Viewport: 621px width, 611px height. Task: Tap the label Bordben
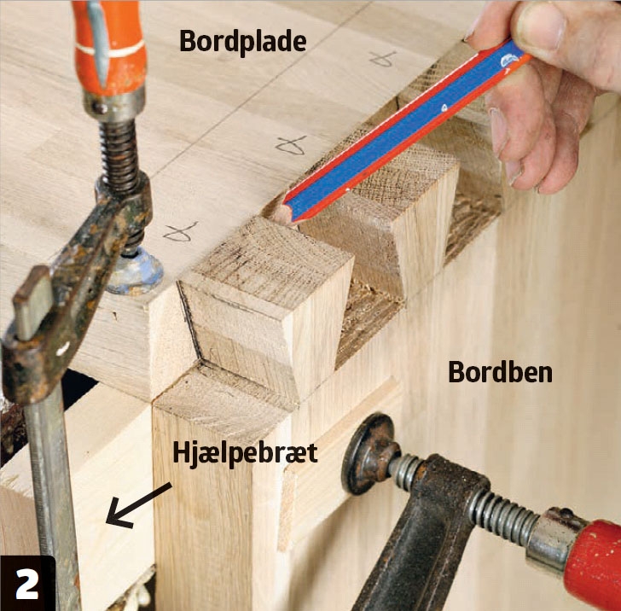[x=500, y=372]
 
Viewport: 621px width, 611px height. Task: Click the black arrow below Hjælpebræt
[x=138, y=505]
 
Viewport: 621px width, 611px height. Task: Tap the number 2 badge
[x=27, y=584]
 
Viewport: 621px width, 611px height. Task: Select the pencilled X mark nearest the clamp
[x=180, y=232]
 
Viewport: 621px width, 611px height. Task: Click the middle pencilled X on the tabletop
[x=292, y=145]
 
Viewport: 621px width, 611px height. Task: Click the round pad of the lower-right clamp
[x=369, y=454]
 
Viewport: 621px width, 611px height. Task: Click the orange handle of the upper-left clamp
[x=110, y=47]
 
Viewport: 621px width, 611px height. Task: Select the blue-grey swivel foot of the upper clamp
[x=136, y=271]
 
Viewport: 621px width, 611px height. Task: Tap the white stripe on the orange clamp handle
[x=111, y=48]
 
